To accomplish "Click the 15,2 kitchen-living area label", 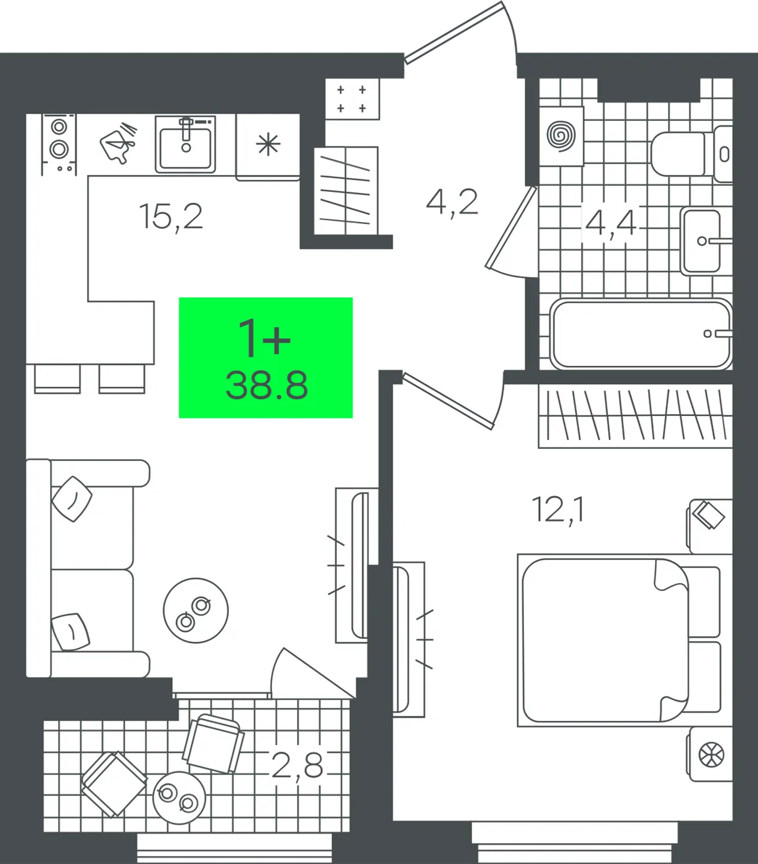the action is (x=170, y=217).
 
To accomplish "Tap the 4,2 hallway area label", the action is (x=452, y=202).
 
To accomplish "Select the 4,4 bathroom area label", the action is (x=610, y=224).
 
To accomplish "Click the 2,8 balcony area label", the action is (x=298, y=765).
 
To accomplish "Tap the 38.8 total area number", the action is (x=267, y=385).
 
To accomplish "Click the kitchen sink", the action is (x=185, y=144).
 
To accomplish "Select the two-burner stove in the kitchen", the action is (x=59, y=144).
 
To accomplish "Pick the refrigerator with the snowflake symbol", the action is (x=268, y=147).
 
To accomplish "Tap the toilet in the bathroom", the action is (x=691, y=154).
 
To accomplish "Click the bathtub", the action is (x=641, y=333).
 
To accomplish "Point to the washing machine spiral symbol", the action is (x=561, y=136).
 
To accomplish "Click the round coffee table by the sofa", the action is (x=196, y=610).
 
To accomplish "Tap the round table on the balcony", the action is (x=179, y=797).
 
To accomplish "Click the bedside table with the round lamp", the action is (x=710, y=754).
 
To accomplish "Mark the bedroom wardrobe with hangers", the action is (x=636, y=416).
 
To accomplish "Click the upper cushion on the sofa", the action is (x=72, y=499).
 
